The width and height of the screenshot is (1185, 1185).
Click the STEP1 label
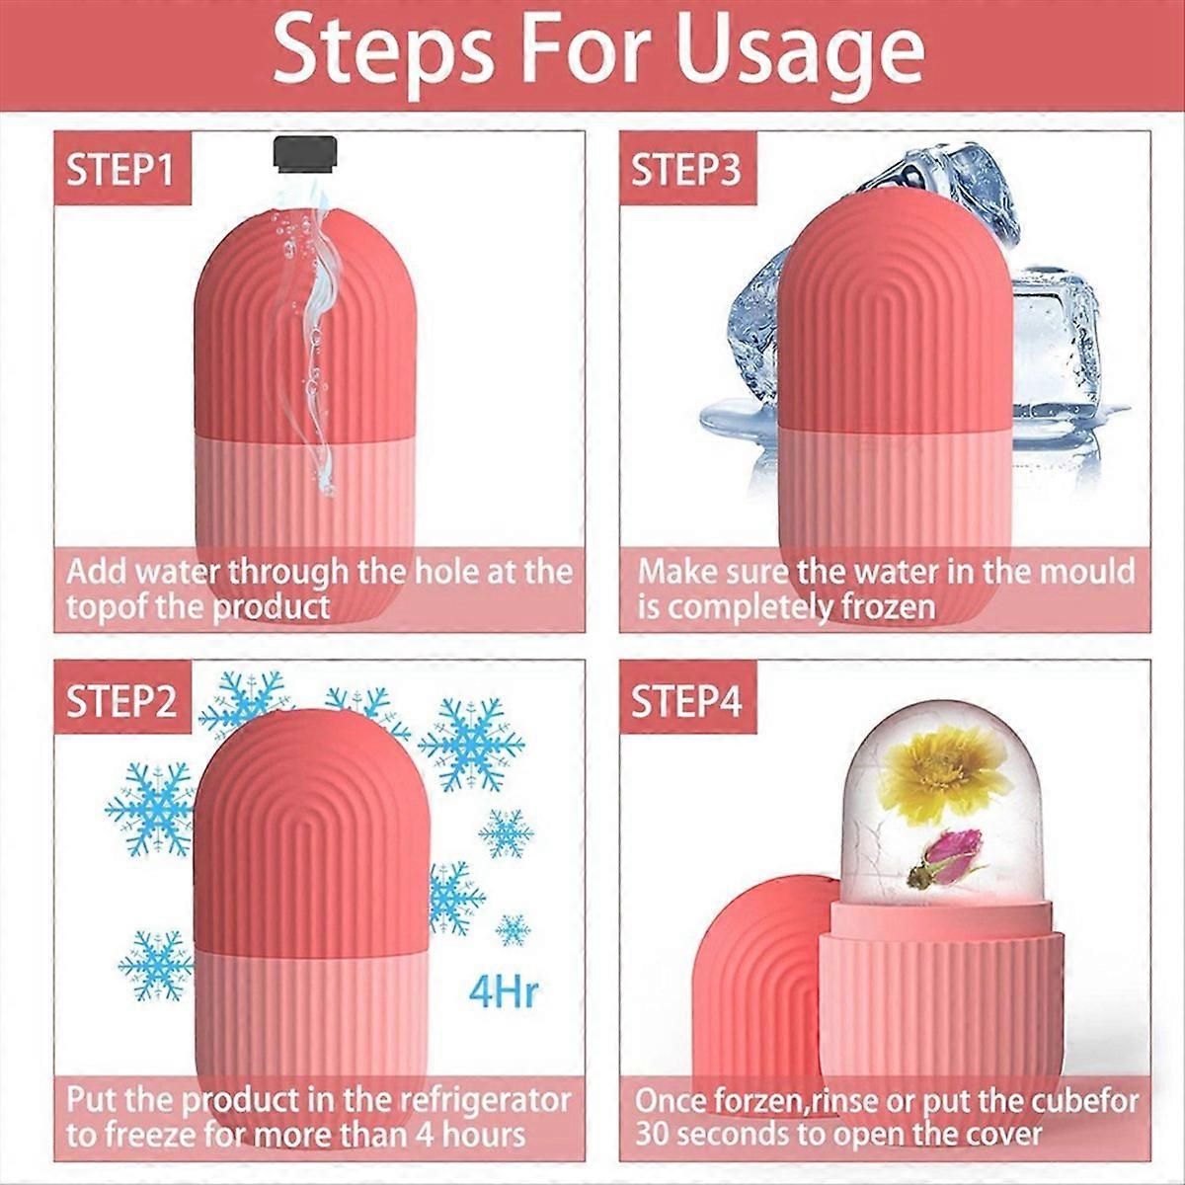(x=119, y=169)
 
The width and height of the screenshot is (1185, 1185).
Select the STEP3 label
(x=685, y=169)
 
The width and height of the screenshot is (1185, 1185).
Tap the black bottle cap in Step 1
(x=306, y=153)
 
